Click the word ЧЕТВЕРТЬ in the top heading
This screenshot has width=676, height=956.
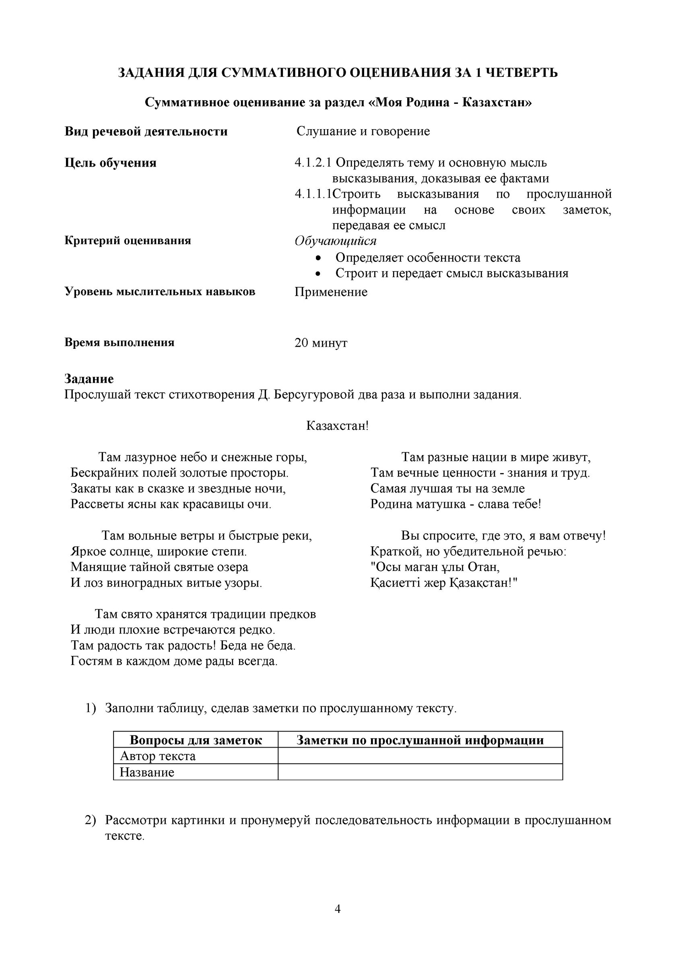(x=522, y=73)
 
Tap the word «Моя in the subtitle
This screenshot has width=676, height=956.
(x=388, y=103)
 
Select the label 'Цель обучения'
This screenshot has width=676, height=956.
(x=110, y=163)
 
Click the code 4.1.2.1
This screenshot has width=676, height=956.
(x=313, y=163)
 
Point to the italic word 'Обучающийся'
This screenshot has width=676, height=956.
(x=335, y=241)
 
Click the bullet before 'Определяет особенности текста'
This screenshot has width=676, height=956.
(x=319, y=259)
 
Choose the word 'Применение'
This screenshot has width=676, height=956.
(x=331, y=292)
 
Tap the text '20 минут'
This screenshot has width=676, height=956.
(x=321, y=343)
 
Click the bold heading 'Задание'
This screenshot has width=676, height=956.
(x=89, y=379)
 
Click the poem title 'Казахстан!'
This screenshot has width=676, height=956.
(x=337, y=426)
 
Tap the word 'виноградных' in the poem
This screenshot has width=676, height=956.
(x=167, y=583)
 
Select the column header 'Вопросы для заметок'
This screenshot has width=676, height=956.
(x=196, y=740)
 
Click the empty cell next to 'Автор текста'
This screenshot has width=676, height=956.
(x=420, y=756)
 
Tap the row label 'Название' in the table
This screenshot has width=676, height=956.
(x=147, y=773)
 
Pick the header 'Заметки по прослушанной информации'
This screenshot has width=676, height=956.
(x=420, y=740)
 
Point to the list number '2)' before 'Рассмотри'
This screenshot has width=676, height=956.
(x=91, y=820)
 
